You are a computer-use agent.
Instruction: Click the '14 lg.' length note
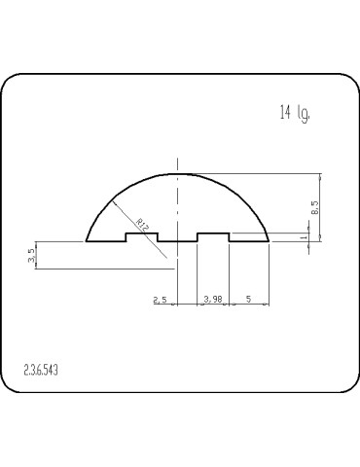tap(295, 114)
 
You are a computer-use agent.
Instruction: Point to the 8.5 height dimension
tap(313, 206)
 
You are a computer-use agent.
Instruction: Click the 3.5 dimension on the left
tap(32, 256)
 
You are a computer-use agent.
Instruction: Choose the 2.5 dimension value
tap(161, 300)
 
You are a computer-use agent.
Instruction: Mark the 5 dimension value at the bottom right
tap(249, 300)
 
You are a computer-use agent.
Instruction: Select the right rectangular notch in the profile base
tap(213, 236)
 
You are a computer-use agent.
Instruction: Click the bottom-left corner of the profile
tap(88, 240)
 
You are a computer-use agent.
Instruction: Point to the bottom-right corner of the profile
tap(268, 240)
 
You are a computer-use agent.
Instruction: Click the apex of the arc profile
tap(177, 173)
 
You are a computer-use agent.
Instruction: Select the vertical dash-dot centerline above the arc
tap(177, 163)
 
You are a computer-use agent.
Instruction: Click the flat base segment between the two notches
tap(177, 240)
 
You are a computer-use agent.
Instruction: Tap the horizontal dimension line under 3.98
tap(213, 305)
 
